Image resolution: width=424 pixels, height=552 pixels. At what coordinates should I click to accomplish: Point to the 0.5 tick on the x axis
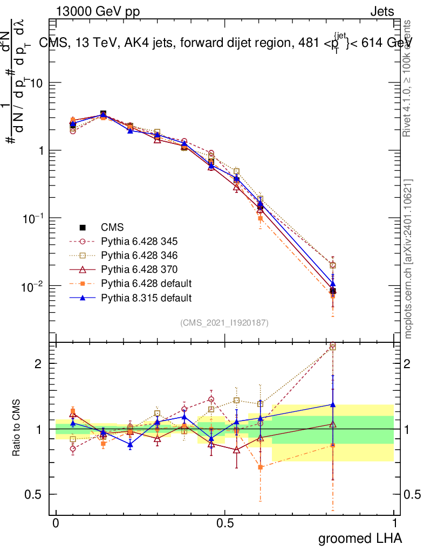pos(225,523)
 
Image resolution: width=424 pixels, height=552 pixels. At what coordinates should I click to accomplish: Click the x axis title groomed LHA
pos(360,538)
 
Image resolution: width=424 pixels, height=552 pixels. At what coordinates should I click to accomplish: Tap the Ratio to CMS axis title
pos(16,429)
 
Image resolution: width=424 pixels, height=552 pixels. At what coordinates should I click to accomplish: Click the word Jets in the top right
pos(382,12)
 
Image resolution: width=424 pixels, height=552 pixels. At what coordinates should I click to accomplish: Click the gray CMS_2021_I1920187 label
pos(224,322)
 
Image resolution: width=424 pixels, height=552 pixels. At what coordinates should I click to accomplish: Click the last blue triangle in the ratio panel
pos(333,404)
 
